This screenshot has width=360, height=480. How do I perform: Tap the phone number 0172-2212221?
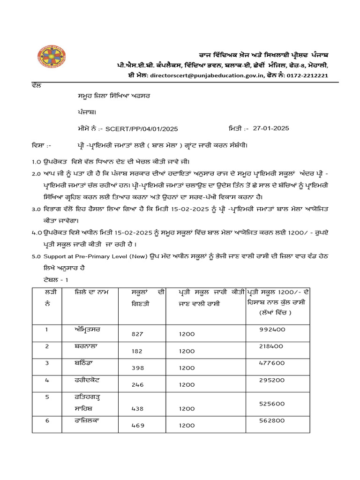point(307,75)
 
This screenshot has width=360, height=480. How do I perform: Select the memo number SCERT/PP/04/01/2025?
point(141,128)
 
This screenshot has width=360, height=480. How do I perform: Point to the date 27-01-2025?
point(270,128)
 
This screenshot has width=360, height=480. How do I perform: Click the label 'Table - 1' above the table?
point(46,279)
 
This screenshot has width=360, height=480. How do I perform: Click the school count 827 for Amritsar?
point(137,334)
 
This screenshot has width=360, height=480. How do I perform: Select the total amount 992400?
point(272,330)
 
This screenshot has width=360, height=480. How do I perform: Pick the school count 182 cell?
point(137,351)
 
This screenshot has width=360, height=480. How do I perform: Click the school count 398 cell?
point(137,368)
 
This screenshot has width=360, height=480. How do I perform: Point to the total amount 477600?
point(272,363)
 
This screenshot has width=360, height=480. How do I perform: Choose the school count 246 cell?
point(137,385)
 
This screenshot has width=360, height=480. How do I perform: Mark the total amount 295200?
point(272,380)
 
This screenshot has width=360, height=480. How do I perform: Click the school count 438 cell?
point(137,409)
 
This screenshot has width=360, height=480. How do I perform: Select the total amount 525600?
point(272,404)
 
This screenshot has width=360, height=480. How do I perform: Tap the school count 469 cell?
point(137,426)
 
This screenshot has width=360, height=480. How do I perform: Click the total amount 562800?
point(272,421)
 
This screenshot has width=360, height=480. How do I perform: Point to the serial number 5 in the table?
point(47,397)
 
